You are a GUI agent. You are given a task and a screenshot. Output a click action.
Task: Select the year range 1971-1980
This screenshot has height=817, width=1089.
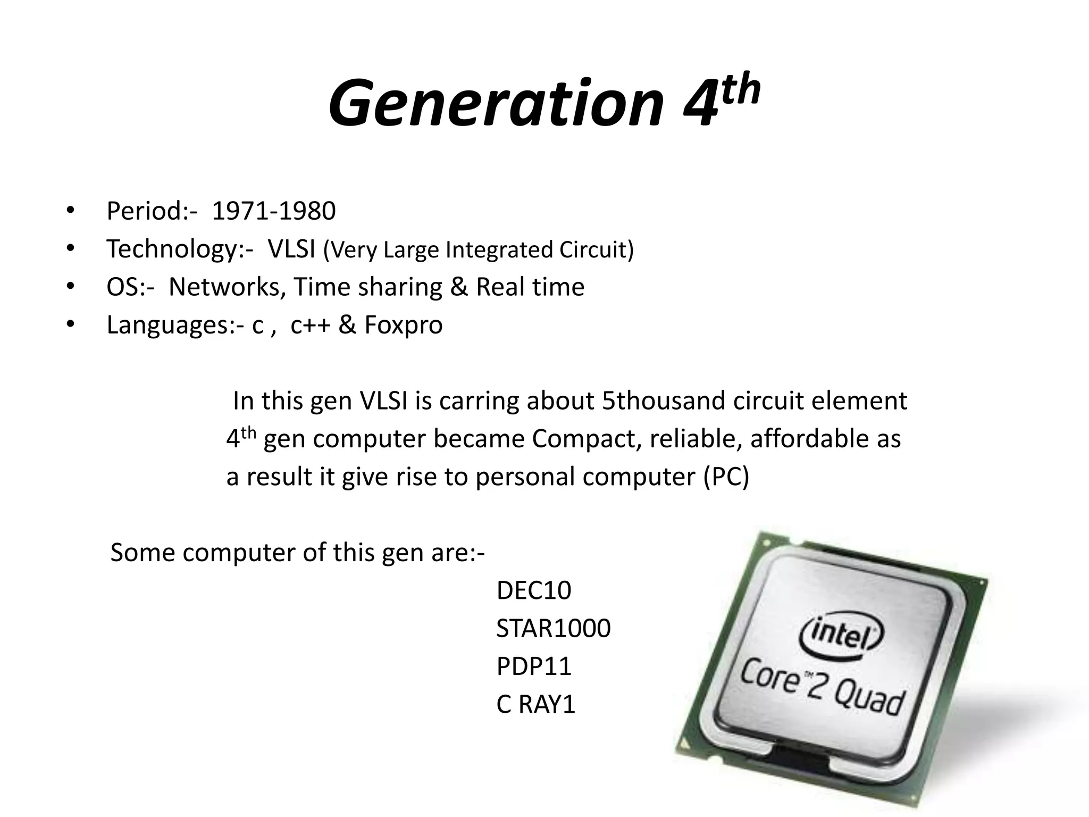coord(274,211)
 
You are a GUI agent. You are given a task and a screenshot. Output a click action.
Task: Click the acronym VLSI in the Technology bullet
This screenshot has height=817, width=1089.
coord(292,249)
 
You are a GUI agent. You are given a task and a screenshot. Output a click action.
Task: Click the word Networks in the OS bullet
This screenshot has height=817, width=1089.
coord(224,287)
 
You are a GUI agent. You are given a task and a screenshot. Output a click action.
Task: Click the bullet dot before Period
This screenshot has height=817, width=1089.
coord(70,211)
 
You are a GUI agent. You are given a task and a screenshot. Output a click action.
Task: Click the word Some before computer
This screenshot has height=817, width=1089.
coord(142,553)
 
